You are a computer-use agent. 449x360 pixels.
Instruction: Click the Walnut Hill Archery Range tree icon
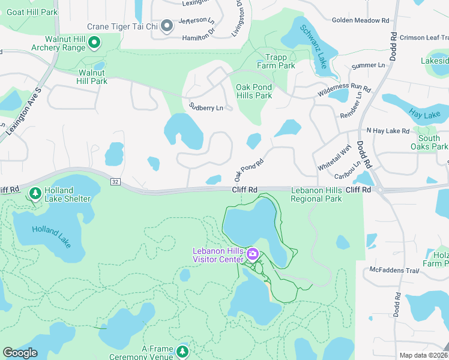tap(94, 42)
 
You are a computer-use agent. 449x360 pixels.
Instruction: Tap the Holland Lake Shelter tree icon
tap(35, 193)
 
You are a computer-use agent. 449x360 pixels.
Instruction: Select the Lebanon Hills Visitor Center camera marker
tap(253, 254)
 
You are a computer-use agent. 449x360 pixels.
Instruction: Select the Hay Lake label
tap(424, 113)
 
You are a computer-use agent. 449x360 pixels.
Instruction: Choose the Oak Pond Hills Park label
tap(254, 91)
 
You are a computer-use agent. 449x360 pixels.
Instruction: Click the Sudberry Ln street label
tap(206, 107)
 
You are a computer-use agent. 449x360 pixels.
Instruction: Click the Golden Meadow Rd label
tap(360, 20)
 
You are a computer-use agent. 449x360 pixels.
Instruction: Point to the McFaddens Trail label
tap(393, 270)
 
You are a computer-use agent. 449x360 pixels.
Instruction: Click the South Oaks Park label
tap(429, 142)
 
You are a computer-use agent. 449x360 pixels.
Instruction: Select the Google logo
tap(20, 352)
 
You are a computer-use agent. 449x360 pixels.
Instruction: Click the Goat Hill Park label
tap(32, 12)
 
